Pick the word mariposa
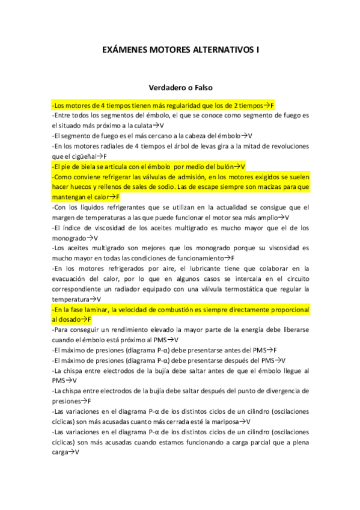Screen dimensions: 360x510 [222, 422]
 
